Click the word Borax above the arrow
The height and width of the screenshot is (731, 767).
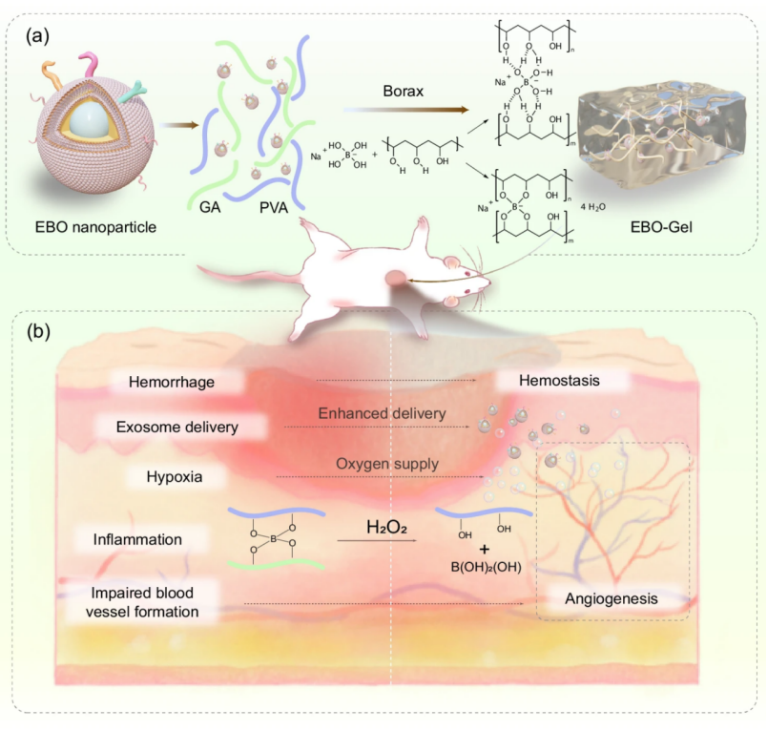(398, 92)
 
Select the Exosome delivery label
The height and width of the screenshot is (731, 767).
(177, 427)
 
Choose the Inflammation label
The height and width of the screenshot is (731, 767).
(137, 539)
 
